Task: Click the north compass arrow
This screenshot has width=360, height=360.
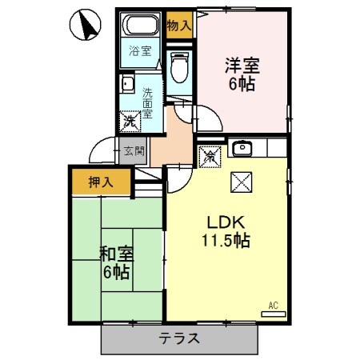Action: (86, 26)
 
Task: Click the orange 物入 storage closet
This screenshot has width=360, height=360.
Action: (179, 25)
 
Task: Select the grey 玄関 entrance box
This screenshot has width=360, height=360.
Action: (134, 150)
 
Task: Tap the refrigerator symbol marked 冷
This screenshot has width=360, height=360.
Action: (210, 156)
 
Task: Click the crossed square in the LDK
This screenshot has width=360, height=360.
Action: (241, 182)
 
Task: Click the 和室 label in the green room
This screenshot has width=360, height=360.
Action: (116, 254)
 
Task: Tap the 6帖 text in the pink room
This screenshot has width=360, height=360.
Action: (242, 83)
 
